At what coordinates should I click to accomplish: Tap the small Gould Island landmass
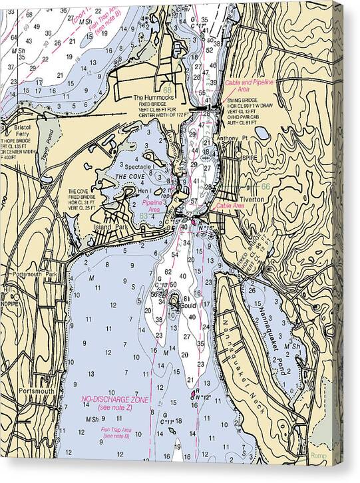tap(175, 303)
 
